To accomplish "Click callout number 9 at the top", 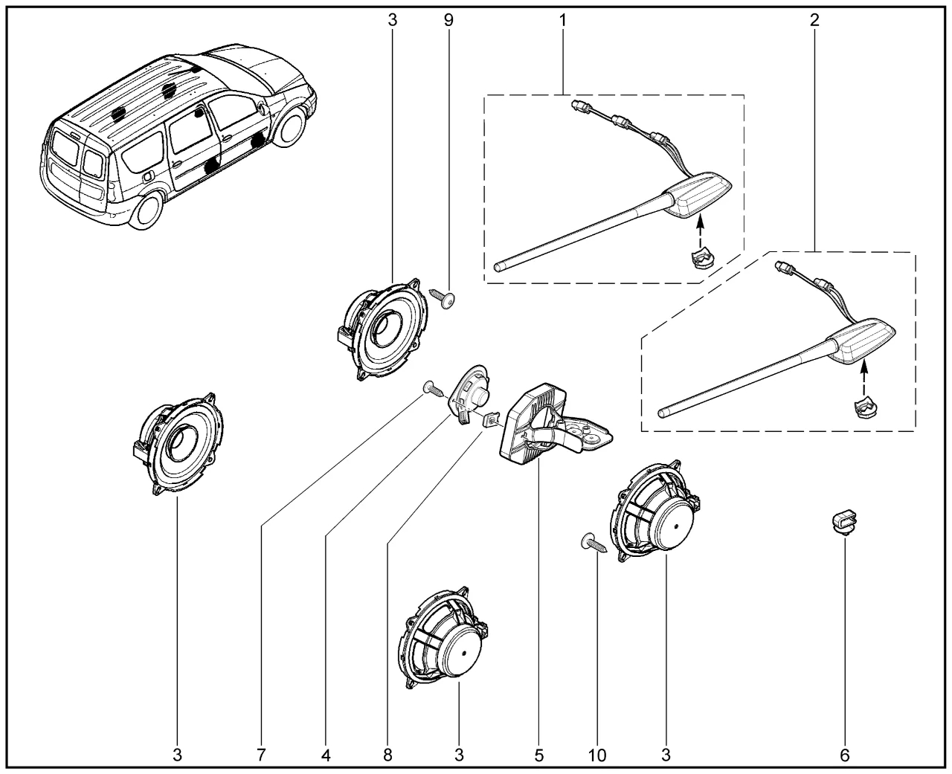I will point(448,20).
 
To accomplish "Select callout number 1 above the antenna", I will point(563,20).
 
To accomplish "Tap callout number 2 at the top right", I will point(814,20).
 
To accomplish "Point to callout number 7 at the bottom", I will point(261,755).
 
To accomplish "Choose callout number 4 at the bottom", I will point(326,755).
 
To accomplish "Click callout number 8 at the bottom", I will point(387,755).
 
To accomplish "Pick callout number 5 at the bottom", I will point(538,755).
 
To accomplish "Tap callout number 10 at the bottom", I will point(597,755).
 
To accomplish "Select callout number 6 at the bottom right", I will point(844,755).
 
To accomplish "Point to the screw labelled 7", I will point(433,387).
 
